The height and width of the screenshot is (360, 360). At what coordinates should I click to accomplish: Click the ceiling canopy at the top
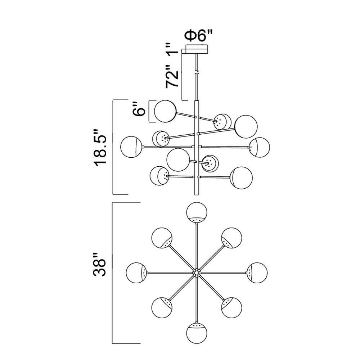[x=197, y=49]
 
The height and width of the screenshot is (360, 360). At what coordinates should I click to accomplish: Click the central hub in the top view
[x=197, y=273]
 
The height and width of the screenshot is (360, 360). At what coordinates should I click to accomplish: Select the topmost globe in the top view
[x=197, y=212]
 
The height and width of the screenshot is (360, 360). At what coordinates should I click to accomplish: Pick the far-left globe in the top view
[x=136, y=273]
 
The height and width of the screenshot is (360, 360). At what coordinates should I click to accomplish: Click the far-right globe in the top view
[x=257, y=273]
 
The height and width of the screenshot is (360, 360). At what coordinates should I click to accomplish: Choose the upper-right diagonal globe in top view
[x=231, y=238]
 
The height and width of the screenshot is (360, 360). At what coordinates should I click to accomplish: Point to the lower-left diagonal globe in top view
[x=162, y=307]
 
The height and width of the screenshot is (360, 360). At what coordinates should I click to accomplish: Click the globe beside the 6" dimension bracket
[x=165, y=111]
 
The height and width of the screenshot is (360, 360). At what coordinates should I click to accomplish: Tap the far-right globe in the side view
[x=260, y=147]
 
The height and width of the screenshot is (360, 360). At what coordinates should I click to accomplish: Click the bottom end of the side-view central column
[x=197, y=195]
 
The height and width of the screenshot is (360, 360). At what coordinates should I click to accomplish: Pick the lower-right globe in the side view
[x=241, y=178]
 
